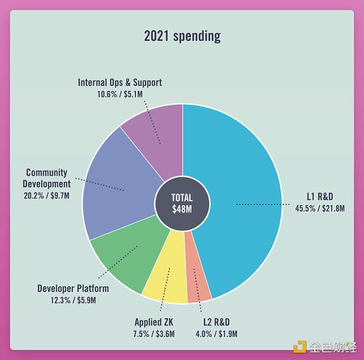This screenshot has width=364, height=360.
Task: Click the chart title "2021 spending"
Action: (x=182, y=36)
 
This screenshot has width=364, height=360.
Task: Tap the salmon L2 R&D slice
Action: (x=197, y=285)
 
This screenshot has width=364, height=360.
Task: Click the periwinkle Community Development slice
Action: (x=118, y=182)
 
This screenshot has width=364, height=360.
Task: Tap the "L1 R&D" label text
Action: (x=320, y=196)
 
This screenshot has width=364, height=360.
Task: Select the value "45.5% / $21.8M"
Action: (x=319, y=208)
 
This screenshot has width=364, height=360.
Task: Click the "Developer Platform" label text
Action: (x=73, y=288)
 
